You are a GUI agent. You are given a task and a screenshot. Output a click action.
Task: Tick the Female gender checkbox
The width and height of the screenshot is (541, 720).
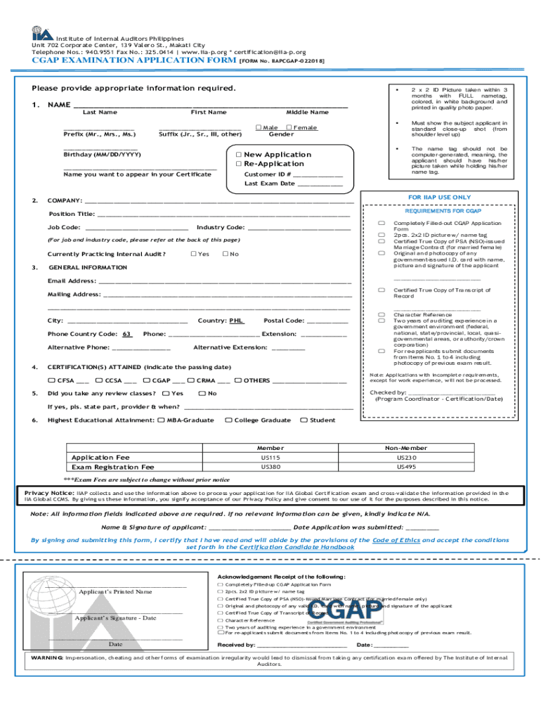(x=290, y=127)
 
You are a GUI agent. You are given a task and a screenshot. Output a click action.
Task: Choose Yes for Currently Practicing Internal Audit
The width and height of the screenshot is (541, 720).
(x=193, y=254)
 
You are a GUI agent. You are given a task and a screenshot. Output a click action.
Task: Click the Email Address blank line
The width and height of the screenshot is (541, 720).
(x=224, y=281)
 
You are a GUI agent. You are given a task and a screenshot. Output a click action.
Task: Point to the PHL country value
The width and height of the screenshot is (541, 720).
(x=237, y=321)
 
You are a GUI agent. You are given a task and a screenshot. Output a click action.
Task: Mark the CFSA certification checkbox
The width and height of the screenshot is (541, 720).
(x=51, y=380)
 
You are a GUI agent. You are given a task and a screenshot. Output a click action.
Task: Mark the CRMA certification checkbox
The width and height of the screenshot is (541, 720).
(x=190, y=380)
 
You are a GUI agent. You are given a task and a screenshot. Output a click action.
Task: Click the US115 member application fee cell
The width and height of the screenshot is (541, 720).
(x=270, y=458)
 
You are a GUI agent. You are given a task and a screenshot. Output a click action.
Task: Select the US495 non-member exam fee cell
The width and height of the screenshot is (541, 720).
(x=406, y=467)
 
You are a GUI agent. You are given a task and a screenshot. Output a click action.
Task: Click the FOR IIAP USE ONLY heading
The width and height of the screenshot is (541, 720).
(x=440, y=198)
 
